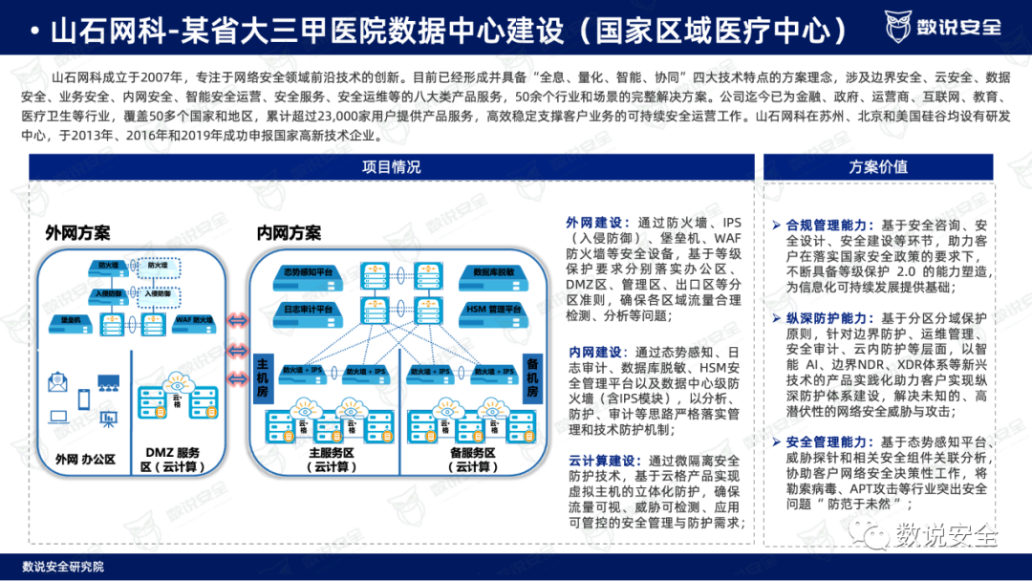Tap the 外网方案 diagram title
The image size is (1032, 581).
coord(77,233)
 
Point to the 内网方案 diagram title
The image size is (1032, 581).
coord(289,233)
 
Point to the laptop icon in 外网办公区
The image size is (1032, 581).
coord(59,417)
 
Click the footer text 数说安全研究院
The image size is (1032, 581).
coord(63,567)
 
